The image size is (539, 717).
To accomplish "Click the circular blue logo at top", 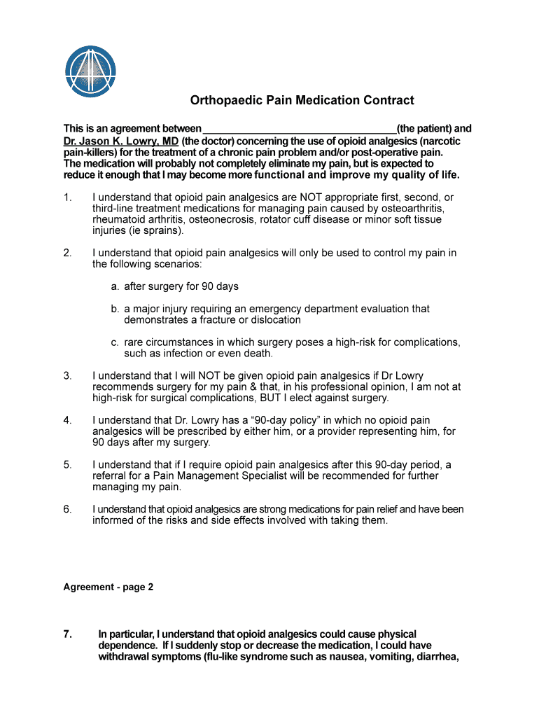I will (90, 72).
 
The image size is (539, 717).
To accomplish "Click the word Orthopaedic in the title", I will (225, 101).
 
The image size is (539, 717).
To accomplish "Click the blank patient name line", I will (299, 130).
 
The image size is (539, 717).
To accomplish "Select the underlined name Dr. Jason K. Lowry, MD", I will (121, 141).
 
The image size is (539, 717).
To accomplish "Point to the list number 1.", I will (67, 197).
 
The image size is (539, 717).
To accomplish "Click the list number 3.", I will (67, 375).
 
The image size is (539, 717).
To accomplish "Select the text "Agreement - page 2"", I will (108, 587).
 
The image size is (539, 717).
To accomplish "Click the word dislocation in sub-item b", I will (273, 320).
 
